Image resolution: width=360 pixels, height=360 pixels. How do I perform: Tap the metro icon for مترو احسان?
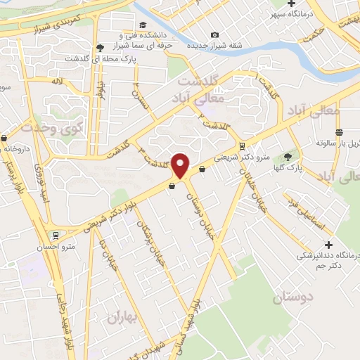[56, 236]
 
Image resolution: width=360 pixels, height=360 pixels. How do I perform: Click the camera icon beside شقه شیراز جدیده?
[214, 35]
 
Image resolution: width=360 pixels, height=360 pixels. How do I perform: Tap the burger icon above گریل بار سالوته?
[339, 131]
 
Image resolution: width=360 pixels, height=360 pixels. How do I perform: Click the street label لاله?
[58, 82]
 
